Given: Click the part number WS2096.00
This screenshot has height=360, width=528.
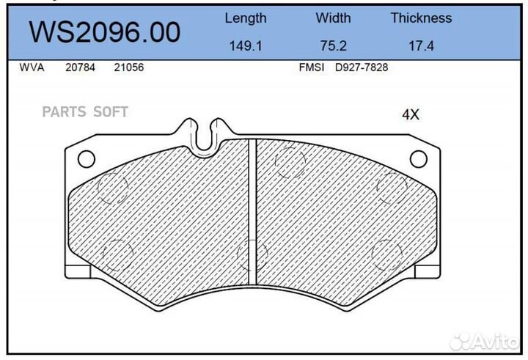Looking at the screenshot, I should click(x=103, y=33).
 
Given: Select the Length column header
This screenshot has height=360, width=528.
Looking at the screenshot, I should click(x=245, y=18).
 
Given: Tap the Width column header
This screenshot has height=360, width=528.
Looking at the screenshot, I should click(x=333, y=18).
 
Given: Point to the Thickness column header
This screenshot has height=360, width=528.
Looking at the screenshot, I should click(x=421, y=18).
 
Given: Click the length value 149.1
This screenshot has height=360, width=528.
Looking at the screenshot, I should click(x=245, y=45).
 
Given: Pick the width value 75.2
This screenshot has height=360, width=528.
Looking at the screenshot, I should click(x=333, y=45).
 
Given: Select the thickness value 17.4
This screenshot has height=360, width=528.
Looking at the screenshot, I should click(x=421, y=45).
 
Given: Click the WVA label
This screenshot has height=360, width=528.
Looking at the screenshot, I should click(x=32, y=67).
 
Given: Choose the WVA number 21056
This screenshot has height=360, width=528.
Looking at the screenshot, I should click(x=128, y=67).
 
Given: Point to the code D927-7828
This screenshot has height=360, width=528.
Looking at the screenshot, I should click(x=361, y=67).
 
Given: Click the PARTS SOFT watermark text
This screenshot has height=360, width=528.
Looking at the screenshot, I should click(x=85, y=112).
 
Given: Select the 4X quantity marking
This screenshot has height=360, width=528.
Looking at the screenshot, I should click(x=410, y=114).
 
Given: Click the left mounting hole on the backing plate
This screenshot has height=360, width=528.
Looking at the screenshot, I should click(x=87, y=158).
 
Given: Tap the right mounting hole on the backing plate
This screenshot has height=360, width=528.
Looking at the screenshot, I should click(x=418, y=158).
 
